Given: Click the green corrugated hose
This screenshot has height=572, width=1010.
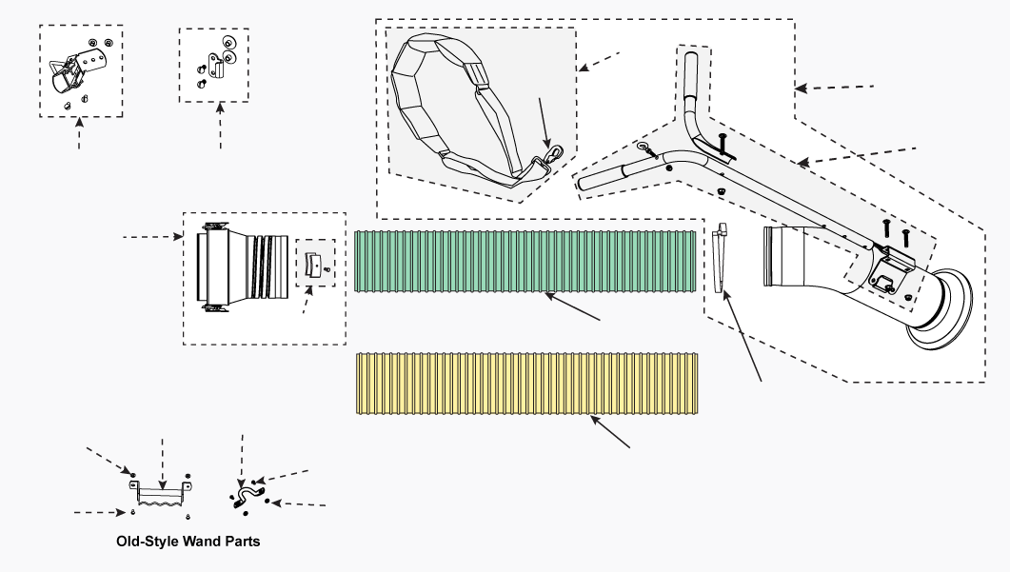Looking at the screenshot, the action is pyautogui.click(x=525, y=262).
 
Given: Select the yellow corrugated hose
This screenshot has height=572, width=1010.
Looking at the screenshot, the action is pyautogui.click(x=527, y=384).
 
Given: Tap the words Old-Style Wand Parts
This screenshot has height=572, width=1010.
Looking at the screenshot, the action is pyautogui.click(x=188, y=542).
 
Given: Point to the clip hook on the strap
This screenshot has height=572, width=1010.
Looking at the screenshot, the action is pyautogui.click(x=553, y=155).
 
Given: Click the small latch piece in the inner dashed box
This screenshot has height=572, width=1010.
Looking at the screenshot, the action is pyautogui.click(x=313, y=264).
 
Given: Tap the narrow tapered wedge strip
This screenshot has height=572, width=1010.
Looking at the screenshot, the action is pyautogui.click(x=721, y=258).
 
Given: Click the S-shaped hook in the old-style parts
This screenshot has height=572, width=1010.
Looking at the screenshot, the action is pyautogui.click(x=248, y=497).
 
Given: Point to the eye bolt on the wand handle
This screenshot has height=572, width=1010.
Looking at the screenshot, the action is pyautogui.click(x=647, y=150).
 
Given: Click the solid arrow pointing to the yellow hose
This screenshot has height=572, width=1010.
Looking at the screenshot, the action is pyautogui.click(x=610, y=431).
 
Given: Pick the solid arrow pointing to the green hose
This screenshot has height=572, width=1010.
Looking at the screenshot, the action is pyautogui.click(x=572, y=306).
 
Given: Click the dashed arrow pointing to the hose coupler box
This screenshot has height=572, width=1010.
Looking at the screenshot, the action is pyautogui.click(x=152, y=237).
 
